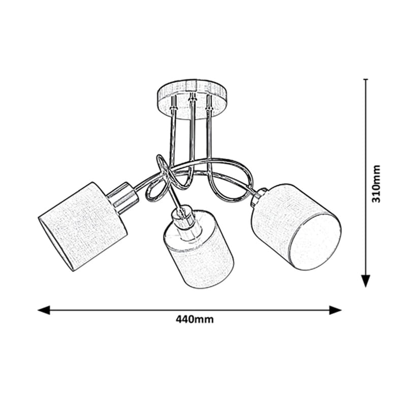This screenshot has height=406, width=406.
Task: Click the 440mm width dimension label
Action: [x=195, y=319]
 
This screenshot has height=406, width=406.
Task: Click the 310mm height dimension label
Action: [x=376, y=184]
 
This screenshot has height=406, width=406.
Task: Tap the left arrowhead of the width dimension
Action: [x=44, y=310]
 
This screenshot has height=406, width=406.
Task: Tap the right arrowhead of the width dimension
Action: [x=335, y=310]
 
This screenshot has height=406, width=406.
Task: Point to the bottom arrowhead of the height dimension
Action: [x=365, y=281]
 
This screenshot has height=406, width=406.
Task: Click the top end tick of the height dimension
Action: [x=365, y=79]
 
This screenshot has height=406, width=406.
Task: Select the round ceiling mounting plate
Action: [x=193, y=99]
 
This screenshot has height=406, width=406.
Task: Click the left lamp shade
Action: [x=83, y=226]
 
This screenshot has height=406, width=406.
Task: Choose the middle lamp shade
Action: [x=199, y=250]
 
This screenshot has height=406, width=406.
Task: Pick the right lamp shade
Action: [x=296, y=227]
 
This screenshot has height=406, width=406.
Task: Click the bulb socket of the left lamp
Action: [x=122, y=198]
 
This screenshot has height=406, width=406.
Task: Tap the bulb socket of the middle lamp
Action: [x=186, y=220]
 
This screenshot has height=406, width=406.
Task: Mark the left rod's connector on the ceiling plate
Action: [x=173, y=103]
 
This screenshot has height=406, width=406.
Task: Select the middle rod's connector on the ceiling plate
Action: [x=192, y=99]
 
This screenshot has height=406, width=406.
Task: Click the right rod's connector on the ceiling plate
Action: [x=209, y=103]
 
